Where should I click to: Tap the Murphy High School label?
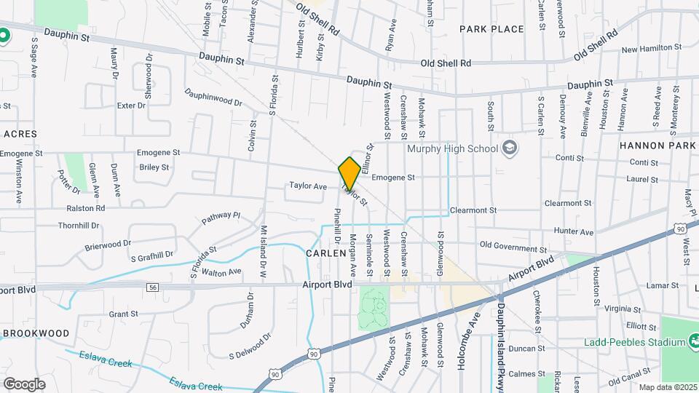[452, 149]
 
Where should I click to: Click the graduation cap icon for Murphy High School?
[509, 148]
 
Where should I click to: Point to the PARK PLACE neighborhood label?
[491, 29]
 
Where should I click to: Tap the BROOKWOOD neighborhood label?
[36, 333]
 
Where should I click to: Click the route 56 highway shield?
[151, 287]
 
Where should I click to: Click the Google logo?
[24, 383]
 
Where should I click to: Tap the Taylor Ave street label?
[308, 186]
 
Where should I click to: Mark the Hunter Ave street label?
[574, 232]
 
